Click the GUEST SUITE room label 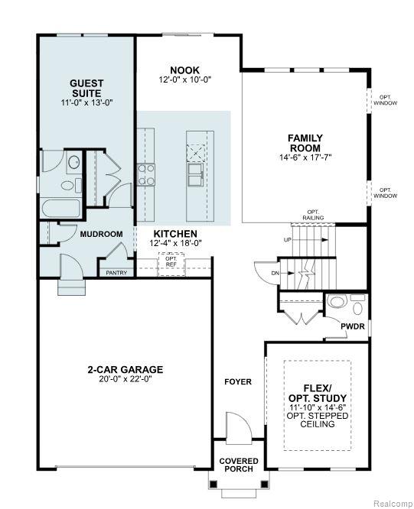(x=86, y=87)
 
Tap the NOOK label (x=184, y=70)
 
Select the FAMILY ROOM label (x=305, y=142)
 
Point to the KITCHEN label (x=175, y=234)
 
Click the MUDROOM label (x=102, y=234)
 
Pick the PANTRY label (x=116, y=272)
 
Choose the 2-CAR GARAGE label (x=125, y=369)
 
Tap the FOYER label (x=237, y=381)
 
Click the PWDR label (x=352, y=326)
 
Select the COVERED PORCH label (x=239, y=465)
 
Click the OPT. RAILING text (x=312, y=215)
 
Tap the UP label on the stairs (x=288, y=239)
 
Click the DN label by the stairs (x=275, y=273)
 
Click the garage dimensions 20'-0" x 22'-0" (x=125, y=379)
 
